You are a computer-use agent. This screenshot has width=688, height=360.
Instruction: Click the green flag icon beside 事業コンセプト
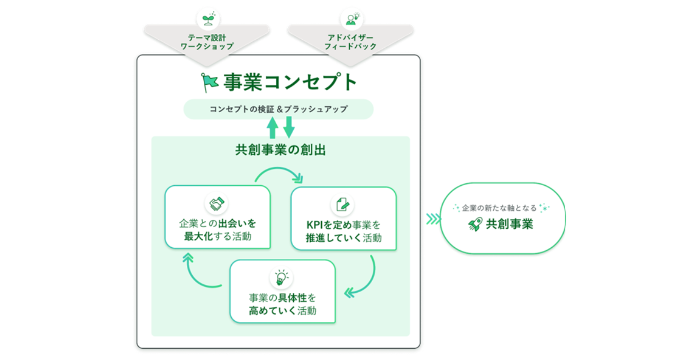click(210, 82)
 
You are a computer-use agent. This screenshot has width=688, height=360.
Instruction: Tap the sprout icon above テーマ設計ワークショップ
click(209, 19)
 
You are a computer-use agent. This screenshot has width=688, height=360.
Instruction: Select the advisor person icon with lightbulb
click(352, 19)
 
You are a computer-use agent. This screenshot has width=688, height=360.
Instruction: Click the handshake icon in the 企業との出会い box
click(217, 203)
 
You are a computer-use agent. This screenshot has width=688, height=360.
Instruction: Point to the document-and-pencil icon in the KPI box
click(343, 204)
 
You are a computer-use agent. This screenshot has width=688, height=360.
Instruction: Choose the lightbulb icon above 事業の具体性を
click(281, 277)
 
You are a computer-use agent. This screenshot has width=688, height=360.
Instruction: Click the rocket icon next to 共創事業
click(475, 224)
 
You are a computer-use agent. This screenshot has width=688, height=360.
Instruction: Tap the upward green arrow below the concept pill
click(273, 128)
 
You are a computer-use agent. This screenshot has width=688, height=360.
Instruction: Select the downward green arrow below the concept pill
click(289, 128)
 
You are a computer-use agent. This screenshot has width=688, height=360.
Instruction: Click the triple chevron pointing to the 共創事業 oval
click(433, 219)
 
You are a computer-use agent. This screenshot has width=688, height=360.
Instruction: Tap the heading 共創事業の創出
click(280, 150)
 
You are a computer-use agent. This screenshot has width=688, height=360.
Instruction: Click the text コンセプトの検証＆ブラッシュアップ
click(278, 109)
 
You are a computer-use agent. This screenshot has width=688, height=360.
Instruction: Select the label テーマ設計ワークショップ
click(207, 42)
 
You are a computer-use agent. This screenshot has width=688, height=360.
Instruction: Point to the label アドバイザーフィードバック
click(350, 42)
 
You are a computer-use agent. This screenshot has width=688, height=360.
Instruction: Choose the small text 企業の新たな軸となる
click(499, 208)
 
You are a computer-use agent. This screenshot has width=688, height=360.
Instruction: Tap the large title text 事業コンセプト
click(290, 82)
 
